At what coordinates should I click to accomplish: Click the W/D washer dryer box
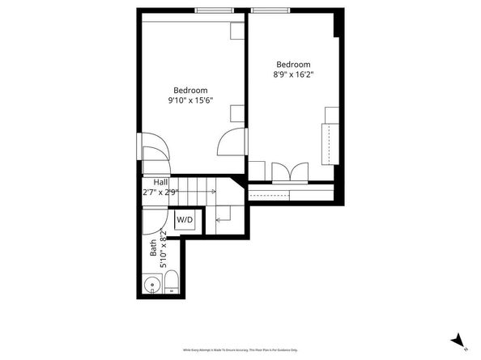(x=185, y=220)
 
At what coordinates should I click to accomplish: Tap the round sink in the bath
(x=150, y=284)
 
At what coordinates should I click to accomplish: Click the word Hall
(x=150, y=183)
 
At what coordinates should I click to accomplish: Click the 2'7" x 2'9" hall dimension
(x=160, y=193)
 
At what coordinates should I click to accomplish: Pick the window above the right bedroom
(x=270, y=11)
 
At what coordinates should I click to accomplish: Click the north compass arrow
(x=459, y=341)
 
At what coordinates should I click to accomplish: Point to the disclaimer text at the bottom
(x=240, y=349)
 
